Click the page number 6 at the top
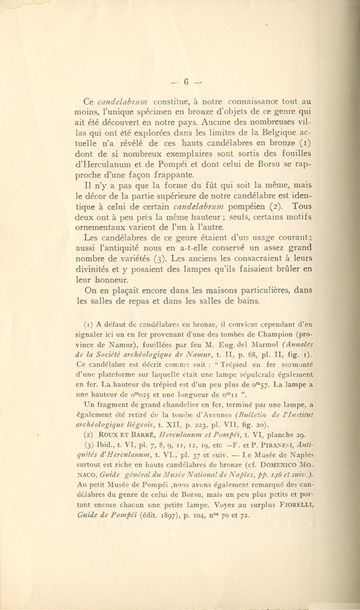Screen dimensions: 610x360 tap(186, 83)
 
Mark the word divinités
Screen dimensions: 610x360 tap(95, 270)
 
